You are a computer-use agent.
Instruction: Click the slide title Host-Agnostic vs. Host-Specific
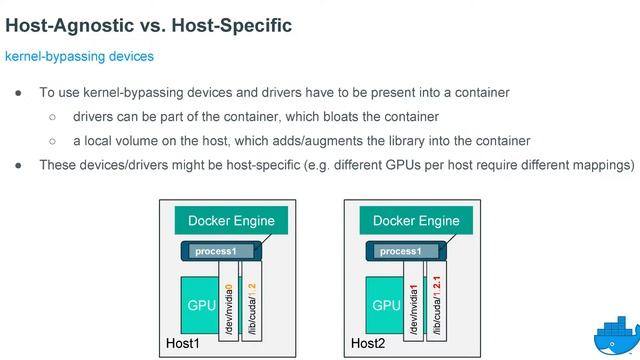tap(148, 24)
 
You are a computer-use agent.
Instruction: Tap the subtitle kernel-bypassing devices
tap(80, 57)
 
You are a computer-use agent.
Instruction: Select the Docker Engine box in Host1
tap(225, 221)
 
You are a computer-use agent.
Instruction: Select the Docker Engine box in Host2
tap(415, 221)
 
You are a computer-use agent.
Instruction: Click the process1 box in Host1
tap(219, 251)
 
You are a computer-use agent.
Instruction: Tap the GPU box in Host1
tap(201, 304)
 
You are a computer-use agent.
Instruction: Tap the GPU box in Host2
tap(386, 304)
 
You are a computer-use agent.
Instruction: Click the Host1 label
tap(183, 345)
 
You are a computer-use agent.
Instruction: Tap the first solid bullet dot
tap(19, 93)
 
